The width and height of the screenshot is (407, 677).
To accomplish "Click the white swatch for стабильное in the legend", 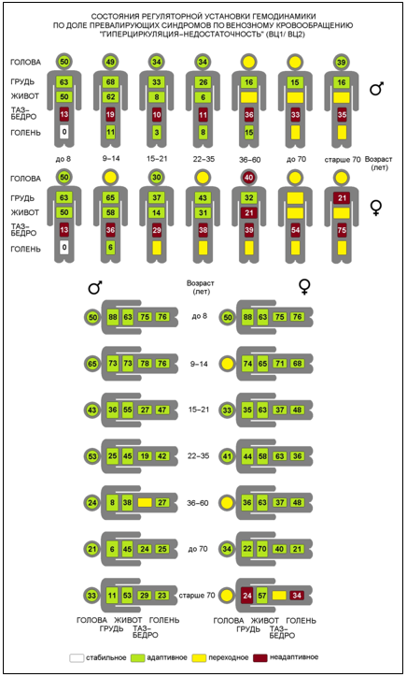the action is coord(77,658).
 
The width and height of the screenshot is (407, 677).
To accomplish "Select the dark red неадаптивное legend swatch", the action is coord(260,658).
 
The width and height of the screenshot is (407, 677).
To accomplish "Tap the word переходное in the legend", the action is coord(229,657).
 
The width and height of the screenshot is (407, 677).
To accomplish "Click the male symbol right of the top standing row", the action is coord(376,89).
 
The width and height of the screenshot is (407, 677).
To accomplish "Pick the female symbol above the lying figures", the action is coord(305,286).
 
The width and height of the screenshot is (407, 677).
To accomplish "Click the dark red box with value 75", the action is coord(342,230).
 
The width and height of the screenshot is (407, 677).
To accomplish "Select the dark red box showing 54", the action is coord(295,230).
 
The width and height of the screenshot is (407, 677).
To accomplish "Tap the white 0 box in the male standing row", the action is coord(64,132).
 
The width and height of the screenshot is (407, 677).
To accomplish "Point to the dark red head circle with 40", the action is coord(248,178).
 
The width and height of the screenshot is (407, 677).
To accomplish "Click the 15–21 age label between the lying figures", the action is coord(199,410).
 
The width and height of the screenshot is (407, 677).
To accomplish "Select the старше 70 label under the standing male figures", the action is coord(343,159).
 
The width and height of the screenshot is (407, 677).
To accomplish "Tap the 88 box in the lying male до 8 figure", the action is coord(113,317).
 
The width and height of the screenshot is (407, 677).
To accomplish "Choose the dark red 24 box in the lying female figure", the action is coord(247,596).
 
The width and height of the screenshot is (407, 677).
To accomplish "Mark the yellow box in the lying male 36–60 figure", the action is coord(145,502).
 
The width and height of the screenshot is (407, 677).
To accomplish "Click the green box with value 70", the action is coord(262,549).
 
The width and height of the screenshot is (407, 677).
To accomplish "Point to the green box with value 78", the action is coord(145,364).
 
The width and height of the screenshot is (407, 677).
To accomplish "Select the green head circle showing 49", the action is coord(110,62).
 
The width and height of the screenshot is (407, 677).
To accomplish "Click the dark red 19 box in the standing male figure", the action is coord(110,114).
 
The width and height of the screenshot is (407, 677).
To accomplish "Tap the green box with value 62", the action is coord(110,96).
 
